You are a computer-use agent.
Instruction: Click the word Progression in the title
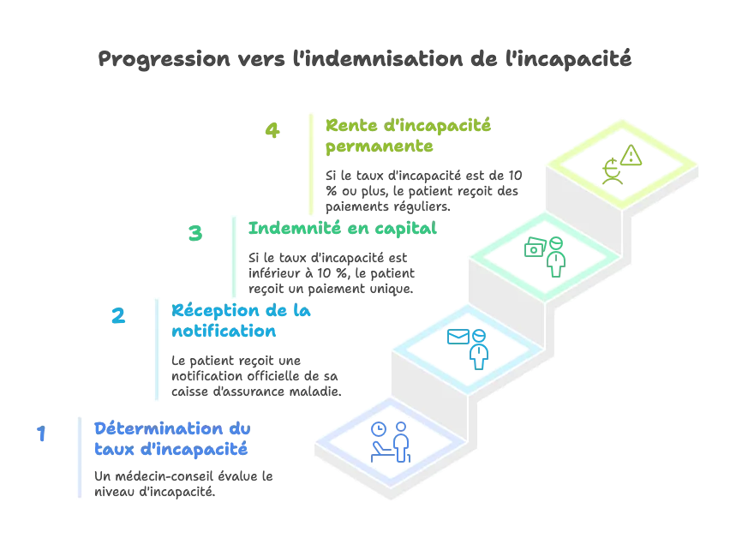tap(164, 60)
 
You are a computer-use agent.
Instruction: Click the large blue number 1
tap(41, 433)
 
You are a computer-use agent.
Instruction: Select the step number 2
tap(118, 315)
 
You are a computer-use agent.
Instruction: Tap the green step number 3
tap(195, 233)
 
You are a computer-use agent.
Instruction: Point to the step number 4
tap(272, 130)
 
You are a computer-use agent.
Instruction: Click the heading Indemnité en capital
tap(342, 228)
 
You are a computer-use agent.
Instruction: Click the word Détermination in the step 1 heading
tap(159, 428)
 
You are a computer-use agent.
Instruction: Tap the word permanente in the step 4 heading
tap(379, 146)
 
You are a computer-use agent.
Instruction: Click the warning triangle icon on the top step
tap(631, 155)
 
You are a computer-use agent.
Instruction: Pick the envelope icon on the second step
tap(458, 337)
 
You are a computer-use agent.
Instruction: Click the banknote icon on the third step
tap(535, 247)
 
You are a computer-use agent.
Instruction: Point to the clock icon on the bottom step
tap(379, 429)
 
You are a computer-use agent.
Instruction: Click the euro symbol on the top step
tap(611, 167)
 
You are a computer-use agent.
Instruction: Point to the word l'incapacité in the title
tap(568, 60)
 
